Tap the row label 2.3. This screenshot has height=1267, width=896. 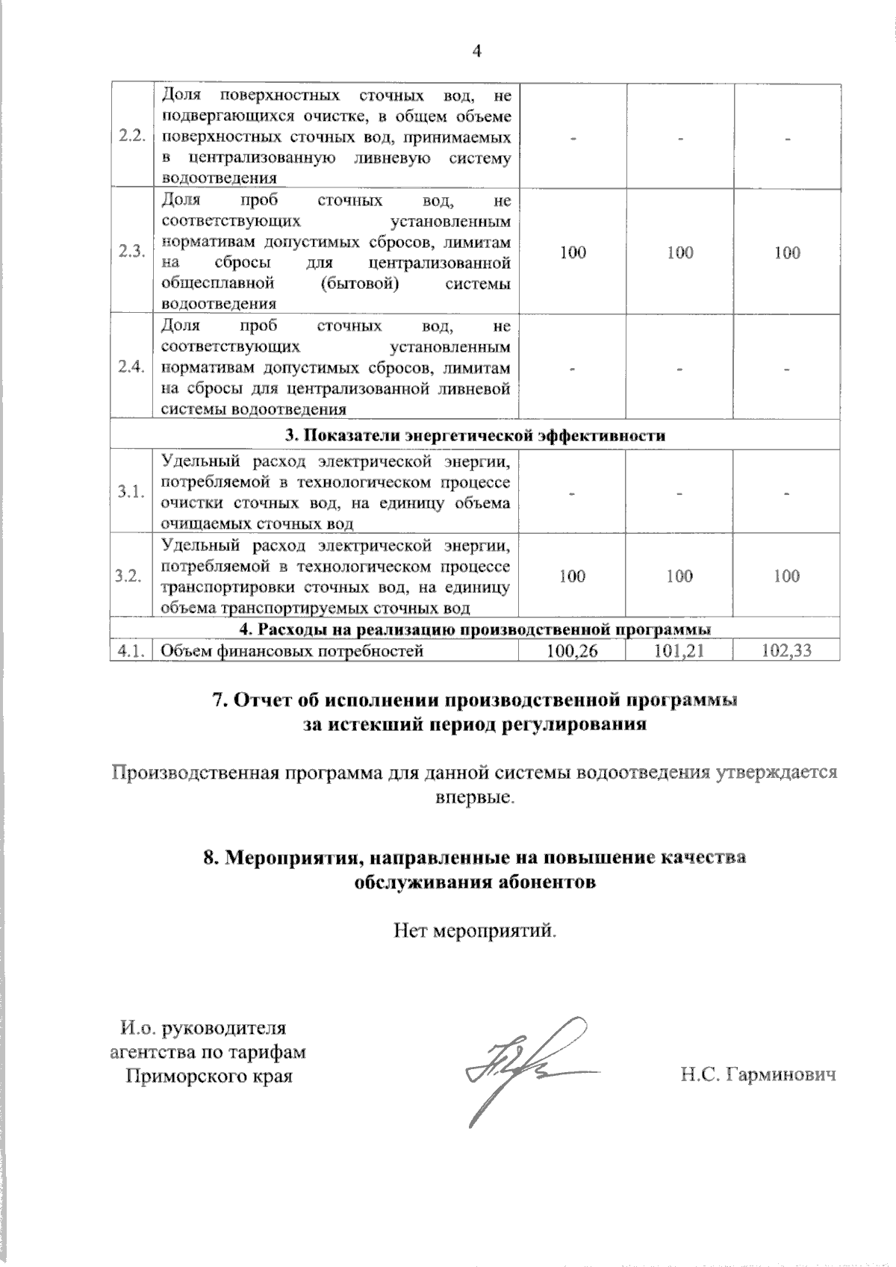pos(131,252)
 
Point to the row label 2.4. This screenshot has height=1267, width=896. pos(131,368)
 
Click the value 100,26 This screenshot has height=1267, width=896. pos(572,651)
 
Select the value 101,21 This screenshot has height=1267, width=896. pos(679,651)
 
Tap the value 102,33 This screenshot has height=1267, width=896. pos(787,651)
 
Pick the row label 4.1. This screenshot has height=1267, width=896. pos(130,651)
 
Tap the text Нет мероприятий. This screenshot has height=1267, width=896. pos(476,930)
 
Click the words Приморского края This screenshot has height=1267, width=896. pos(208,1076)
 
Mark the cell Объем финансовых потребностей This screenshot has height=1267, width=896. pos(293,651)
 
